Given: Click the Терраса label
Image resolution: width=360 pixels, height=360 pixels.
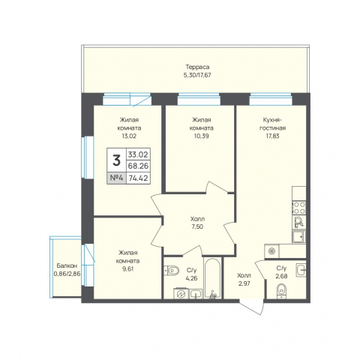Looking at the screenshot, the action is click(x=197, y=67).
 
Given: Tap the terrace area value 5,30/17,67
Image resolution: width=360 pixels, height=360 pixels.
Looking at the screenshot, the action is click(x=197, y=75).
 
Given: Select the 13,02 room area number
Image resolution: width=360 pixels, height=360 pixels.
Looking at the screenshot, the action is click(x=130, y=136).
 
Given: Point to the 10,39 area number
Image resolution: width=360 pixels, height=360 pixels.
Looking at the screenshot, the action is click(x=201, y=136).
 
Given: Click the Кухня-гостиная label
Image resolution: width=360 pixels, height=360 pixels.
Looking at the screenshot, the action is click(x=272, y=124).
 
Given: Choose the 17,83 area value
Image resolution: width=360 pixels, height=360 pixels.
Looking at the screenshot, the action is click(x=272, y=136).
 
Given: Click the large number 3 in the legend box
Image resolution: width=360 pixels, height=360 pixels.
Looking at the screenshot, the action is click(x=116, y=160).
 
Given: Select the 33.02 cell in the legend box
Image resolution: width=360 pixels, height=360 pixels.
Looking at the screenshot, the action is click(x=138, y=154).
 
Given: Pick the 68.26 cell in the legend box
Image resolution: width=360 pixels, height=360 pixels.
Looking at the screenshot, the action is click(x=138, y=166).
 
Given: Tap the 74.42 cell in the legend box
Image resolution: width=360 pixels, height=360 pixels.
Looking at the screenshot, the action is click(x=138, y=178).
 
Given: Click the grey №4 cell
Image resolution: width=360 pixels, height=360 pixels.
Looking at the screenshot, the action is click(x=117, y=178).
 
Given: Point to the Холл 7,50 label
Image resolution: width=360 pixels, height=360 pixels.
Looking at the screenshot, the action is click(x=197, y=223).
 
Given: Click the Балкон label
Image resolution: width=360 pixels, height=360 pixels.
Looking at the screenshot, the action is click(x=67, y=265).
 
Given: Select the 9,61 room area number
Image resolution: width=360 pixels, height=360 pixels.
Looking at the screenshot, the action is click(x=127, y=269).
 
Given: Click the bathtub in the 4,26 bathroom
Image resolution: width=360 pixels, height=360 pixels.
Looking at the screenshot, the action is click(x=212, y=278).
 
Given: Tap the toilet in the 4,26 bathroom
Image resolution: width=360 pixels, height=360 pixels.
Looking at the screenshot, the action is click(x=172, y=270).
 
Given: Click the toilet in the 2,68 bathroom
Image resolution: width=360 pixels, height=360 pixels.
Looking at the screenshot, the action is click(x=282, y=291).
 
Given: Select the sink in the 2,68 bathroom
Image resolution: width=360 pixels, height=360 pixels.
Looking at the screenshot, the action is click(x=301, y=270).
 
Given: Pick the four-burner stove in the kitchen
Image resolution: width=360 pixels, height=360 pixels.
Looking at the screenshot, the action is click(x=299, y=208).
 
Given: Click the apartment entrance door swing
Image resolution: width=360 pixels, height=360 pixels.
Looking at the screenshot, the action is click(x=253, y=307).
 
